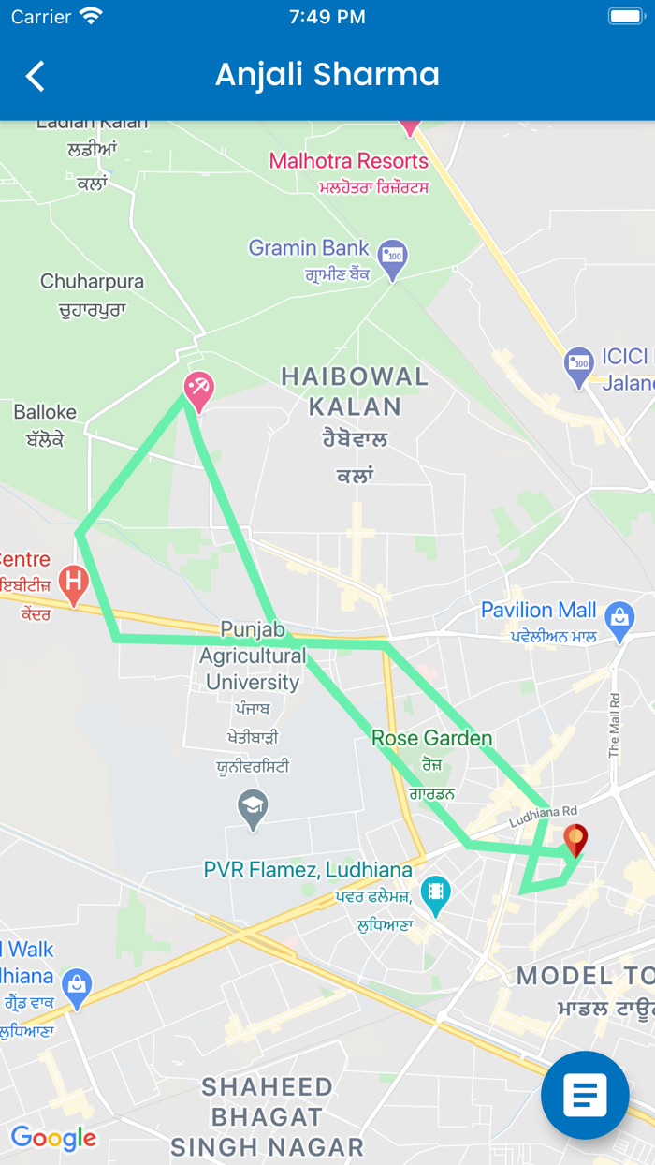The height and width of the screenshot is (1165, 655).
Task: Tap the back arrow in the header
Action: pos(36,76)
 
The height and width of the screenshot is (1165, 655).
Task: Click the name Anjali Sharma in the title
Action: pos(327,75)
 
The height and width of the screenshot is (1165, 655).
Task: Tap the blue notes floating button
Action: pos(585,1095)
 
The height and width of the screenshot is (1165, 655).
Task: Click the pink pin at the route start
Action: pos(198,390)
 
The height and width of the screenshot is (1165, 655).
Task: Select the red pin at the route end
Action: pos(575,839)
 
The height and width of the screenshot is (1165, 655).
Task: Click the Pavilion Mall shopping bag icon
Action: pos(619,621)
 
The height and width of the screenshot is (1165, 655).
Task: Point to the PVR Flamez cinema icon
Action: pos(435,894)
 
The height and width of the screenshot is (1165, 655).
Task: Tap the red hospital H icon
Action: pos(73,583)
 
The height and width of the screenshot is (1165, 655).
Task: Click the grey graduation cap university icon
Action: pos(253,808)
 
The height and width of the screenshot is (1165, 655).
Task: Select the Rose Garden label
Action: pos(431,738)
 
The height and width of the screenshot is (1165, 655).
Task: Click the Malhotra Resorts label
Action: pos(348,161)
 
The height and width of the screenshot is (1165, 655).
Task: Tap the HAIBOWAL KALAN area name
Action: pos(355,391)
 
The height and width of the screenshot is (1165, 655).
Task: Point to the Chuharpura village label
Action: pos(92,282)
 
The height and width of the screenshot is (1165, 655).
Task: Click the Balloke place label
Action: pos(45,412)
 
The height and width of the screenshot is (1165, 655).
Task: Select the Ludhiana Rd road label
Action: pos(544,817)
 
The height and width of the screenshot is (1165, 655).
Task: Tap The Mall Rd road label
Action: pos(614,725)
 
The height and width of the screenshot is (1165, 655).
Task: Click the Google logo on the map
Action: pos(53,1138)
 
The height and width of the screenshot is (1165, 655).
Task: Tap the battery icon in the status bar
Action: pos(625,16)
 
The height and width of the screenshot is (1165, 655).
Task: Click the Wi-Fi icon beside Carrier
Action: pos(91,16)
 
